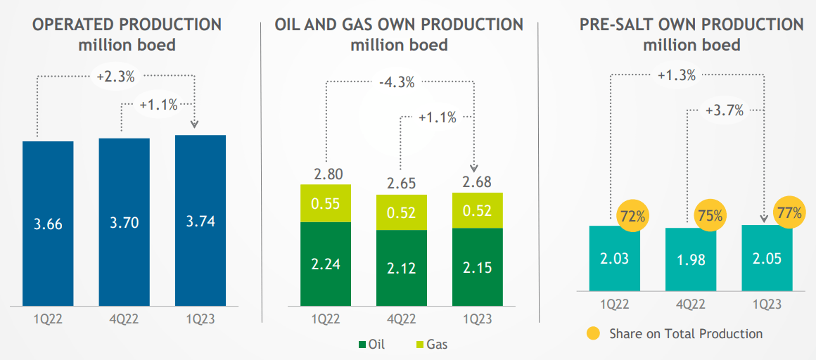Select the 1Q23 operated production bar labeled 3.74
pyautogui.click(x=200, y=220)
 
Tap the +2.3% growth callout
pyautogui.click(x=117, y=77)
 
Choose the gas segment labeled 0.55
pyautogui.click(x=326, y=203)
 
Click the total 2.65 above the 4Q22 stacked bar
pyautogui.click(x=402, y=184)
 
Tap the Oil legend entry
pyautogui.click(x=372, y=345)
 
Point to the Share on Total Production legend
pyautogui.click(x=675, y=333)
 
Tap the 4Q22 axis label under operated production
pyautogui.click(x=124, y=319)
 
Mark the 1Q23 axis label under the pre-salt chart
pyautogui.click(x=767, y=304)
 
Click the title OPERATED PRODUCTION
pyautogui.click(x=127, y=25)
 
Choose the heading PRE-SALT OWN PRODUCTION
pyautogui.click(x=691, y=25)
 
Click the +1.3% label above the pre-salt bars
pyautogui.click(x=677, y=75)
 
